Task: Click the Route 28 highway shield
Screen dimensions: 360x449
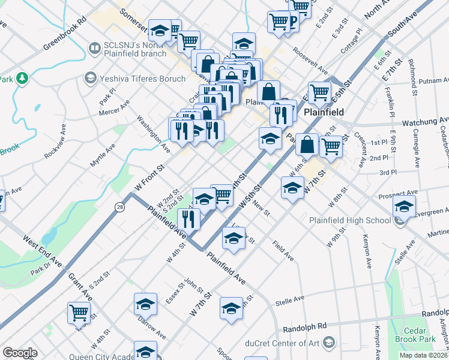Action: pos(120,206)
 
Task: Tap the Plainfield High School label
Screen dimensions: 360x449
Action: pos(350,220)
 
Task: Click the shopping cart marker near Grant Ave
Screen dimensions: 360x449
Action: pos(79,313)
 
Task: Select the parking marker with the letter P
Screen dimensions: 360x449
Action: pos(294,23)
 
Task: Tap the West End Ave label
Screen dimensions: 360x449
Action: pos(43,251)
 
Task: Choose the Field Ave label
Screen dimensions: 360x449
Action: pos(282,251)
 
